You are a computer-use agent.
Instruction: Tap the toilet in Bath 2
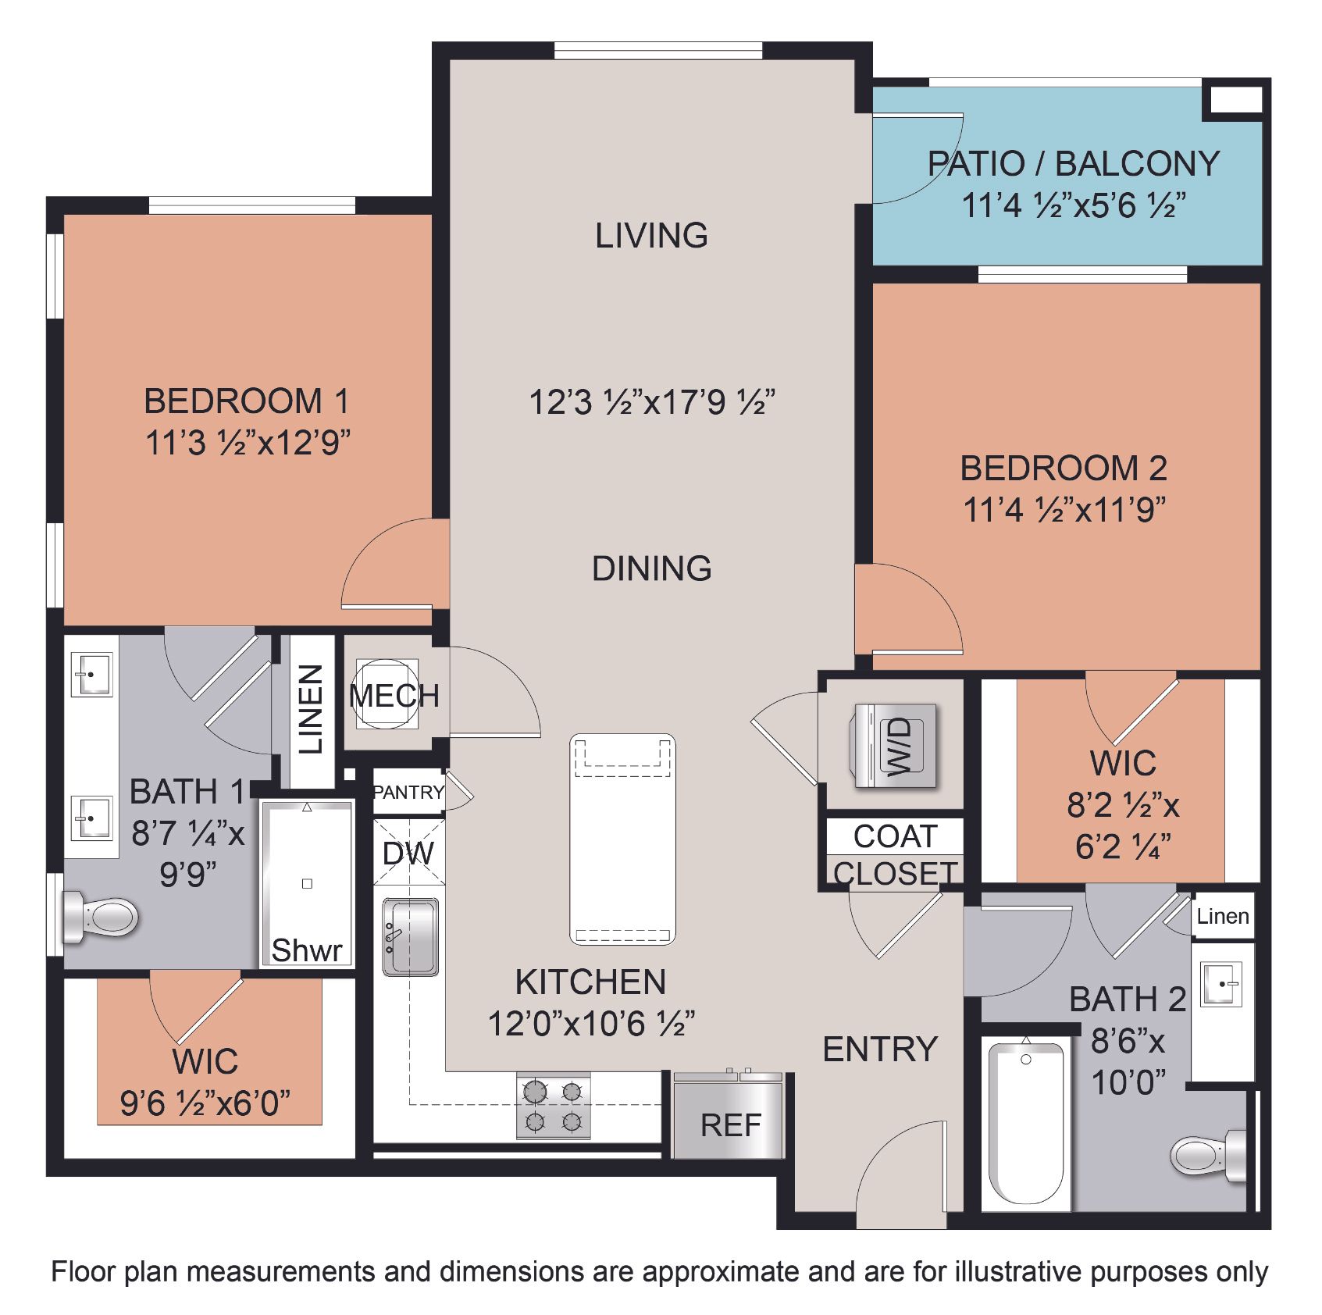[x=1209, y=1155]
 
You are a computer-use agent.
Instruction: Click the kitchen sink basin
[x=411, y=936]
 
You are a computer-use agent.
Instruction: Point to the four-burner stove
[x=554, y=1106]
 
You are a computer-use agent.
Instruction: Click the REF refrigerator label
[x=730, y=1125]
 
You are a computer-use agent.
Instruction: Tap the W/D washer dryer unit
[x=896, y=746]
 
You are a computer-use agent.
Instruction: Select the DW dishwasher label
[x=408, y=854]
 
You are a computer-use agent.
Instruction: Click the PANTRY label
[x=408, y=793]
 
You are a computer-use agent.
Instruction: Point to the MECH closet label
[x=394, y=695]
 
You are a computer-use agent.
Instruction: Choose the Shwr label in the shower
[x=307, y=950]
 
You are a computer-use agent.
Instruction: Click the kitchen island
[x=622, y=839]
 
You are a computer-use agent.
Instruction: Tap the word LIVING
[x=652, y=235]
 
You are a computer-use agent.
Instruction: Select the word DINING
[x=652, y=568]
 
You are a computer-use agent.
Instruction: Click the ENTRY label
[x=880, y=1050]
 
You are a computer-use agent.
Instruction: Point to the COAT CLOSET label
[x=896, y=854]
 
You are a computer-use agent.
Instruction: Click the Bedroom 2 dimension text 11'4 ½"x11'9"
[x=1064, y=511]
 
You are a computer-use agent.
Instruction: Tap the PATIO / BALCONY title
[x=1074, y=164]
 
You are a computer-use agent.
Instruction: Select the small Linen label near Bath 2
[x=1223, y=916]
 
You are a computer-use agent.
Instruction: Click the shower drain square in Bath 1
[x=307, y=883]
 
